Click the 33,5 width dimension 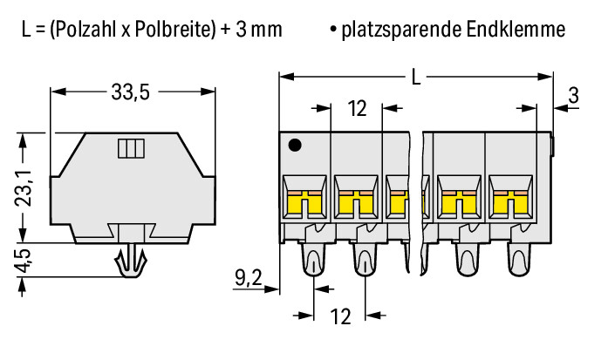click(130, 92)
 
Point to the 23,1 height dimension click(24, 188)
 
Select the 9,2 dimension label click(249, 277)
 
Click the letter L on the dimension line click(416, 77)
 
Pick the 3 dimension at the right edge click(573, 95)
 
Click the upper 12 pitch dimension click(357, 108)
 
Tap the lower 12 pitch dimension click(341, 316)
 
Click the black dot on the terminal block click(295, 146)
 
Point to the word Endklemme click(516, 29)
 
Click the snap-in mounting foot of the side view click(132, 261)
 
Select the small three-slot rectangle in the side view click(131, 148)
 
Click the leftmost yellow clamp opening click(304, 203)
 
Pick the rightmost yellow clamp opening click(510, 203)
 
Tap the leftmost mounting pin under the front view click(312, 259)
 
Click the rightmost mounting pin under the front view click(519, 259)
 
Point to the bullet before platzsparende click(332, 29)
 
